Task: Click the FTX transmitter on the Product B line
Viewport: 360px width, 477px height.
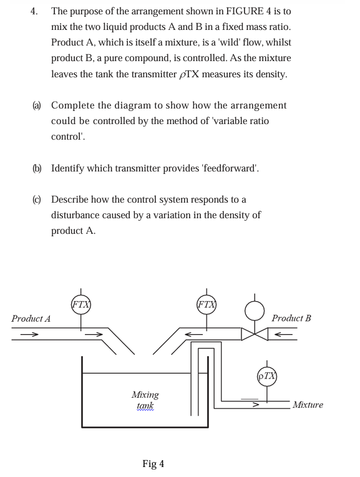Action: [206, 305]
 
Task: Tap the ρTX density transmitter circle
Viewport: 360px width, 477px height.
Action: [267, 376]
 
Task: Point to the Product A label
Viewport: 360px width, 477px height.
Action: [31, 319]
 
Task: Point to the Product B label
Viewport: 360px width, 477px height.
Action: [291, 318]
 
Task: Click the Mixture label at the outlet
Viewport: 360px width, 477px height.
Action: [308, 405]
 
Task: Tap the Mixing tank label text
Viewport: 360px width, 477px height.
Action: [145, 400]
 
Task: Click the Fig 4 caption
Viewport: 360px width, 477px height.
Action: [153, 463]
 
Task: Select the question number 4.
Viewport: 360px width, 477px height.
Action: [36, 11]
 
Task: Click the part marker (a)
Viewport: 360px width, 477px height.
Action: [37, 105]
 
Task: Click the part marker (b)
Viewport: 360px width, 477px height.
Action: [37, 168]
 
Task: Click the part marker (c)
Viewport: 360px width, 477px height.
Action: [37, 200]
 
